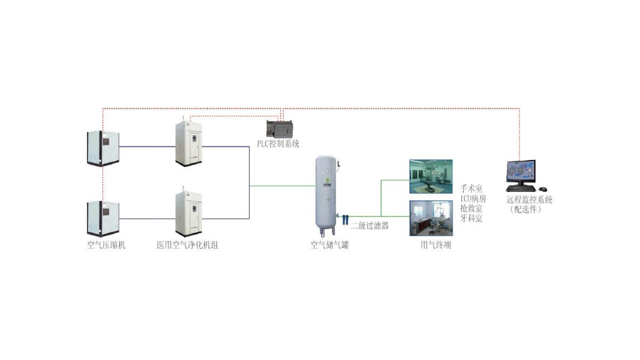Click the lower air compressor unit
pos(103,218)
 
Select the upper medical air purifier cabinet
pos(190,143)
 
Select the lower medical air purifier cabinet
pos(190,214)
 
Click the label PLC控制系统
pos(278,143)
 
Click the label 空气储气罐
pos(330,245)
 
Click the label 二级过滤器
pos(370,226)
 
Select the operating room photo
pos(430,177)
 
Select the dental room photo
pos(430,218)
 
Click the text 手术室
pos(471,189)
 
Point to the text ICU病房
pos(473,198)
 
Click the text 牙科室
pos(471,218)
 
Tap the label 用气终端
pos(436,245)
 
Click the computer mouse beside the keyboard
pos(542,189)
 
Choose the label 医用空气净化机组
pos(187,245)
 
